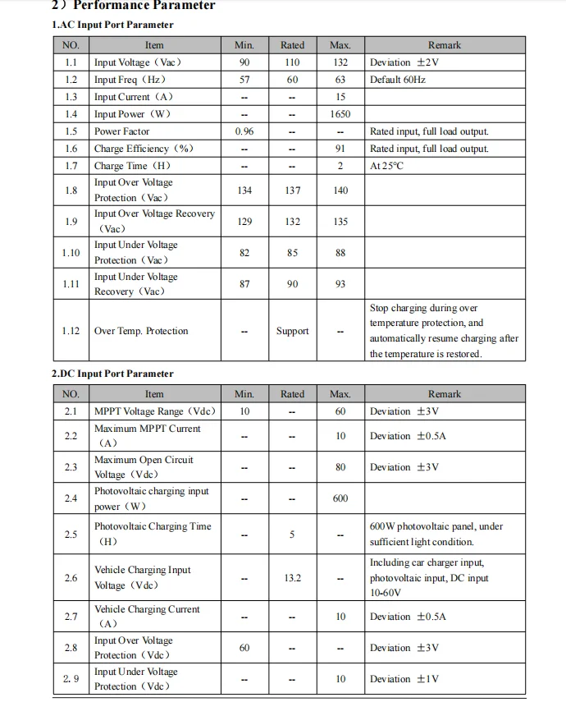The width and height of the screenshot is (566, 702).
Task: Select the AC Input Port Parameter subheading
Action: coord(112,25)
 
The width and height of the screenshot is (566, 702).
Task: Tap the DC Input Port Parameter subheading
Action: coord(112,374)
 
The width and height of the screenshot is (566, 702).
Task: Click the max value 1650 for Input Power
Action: coord(340,114)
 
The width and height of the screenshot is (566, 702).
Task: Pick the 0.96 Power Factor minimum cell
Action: coord(244,131)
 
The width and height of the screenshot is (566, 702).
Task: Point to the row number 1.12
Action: coord(71,331)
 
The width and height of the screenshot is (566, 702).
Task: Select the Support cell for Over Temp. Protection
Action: coord(292,331)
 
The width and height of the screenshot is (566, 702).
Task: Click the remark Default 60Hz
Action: coord(397,80)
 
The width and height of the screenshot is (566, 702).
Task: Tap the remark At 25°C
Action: coord(387,166)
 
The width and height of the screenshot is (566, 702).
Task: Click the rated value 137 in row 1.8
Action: coord(292,190)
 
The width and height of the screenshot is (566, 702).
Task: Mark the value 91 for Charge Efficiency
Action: coord(340,149)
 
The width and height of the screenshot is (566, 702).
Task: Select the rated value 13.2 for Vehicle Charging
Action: coord(292,578)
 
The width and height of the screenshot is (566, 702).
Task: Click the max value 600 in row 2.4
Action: coord(340,498)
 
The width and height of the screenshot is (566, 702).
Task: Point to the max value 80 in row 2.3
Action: coord(340,467)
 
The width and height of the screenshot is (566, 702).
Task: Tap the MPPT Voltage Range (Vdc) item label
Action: coord(155,411)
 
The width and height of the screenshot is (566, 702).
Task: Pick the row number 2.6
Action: coord(71,578)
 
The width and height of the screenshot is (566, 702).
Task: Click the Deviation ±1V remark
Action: coord(404,679)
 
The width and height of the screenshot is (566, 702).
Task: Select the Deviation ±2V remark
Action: coord(404,62)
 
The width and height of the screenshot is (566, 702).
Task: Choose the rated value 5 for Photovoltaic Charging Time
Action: coord(292,535)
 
